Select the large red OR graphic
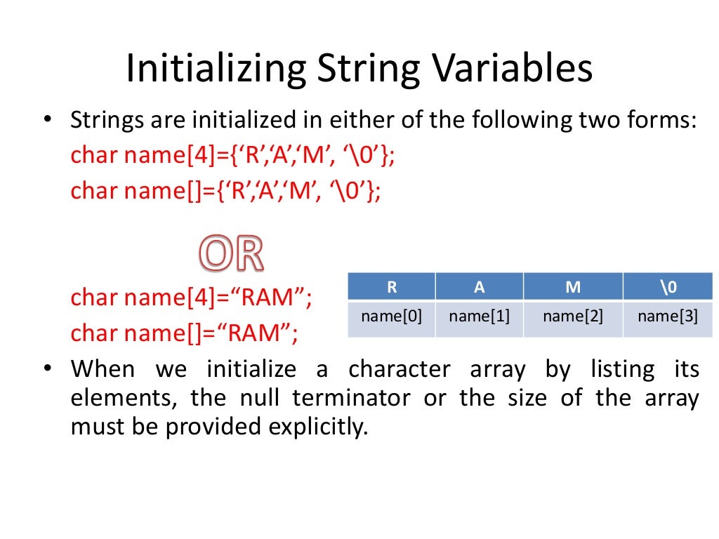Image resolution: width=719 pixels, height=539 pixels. (231, 254)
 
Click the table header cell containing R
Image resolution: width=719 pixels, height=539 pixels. (391, 287)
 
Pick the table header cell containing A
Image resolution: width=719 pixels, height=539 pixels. (479, 287)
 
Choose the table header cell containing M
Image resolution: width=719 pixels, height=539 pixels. (572, 287)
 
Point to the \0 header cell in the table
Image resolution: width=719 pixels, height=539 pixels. (667, 287)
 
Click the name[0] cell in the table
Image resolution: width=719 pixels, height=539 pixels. (391, 317)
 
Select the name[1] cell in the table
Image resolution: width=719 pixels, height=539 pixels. (479, 317)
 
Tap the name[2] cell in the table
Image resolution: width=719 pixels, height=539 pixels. (572, 317)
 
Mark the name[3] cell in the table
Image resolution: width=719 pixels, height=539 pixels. (667, 317)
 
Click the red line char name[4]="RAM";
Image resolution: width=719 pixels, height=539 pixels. (191, 298)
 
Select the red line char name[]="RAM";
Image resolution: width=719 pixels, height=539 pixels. (184, 333)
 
